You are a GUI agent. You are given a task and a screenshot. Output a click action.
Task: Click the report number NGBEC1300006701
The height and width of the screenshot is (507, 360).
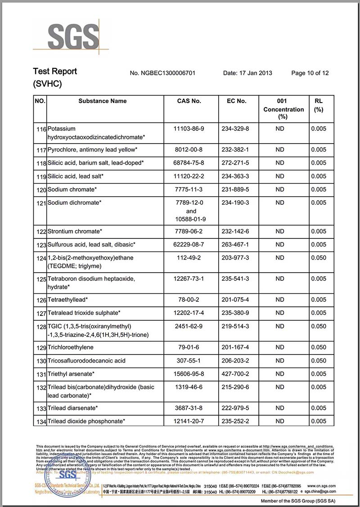coord(162,73)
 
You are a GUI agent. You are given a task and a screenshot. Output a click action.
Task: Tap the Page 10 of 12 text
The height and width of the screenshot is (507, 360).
coord(310,73)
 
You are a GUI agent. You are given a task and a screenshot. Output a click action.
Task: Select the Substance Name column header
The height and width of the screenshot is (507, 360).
coord(103,101)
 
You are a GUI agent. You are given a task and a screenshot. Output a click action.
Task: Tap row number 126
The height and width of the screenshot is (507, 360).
coord(41,300)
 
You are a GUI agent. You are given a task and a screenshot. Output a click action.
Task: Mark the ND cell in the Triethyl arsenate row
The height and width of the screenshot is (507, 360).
coord(280,374)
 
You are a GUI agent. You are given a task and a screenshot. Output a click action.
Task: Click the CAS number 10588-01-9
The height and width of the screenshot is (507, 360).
coord(191,219)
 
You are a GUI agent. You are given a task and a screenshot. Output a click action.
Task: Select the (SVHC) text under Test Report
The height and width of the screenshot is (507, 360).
coord(47,84)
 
